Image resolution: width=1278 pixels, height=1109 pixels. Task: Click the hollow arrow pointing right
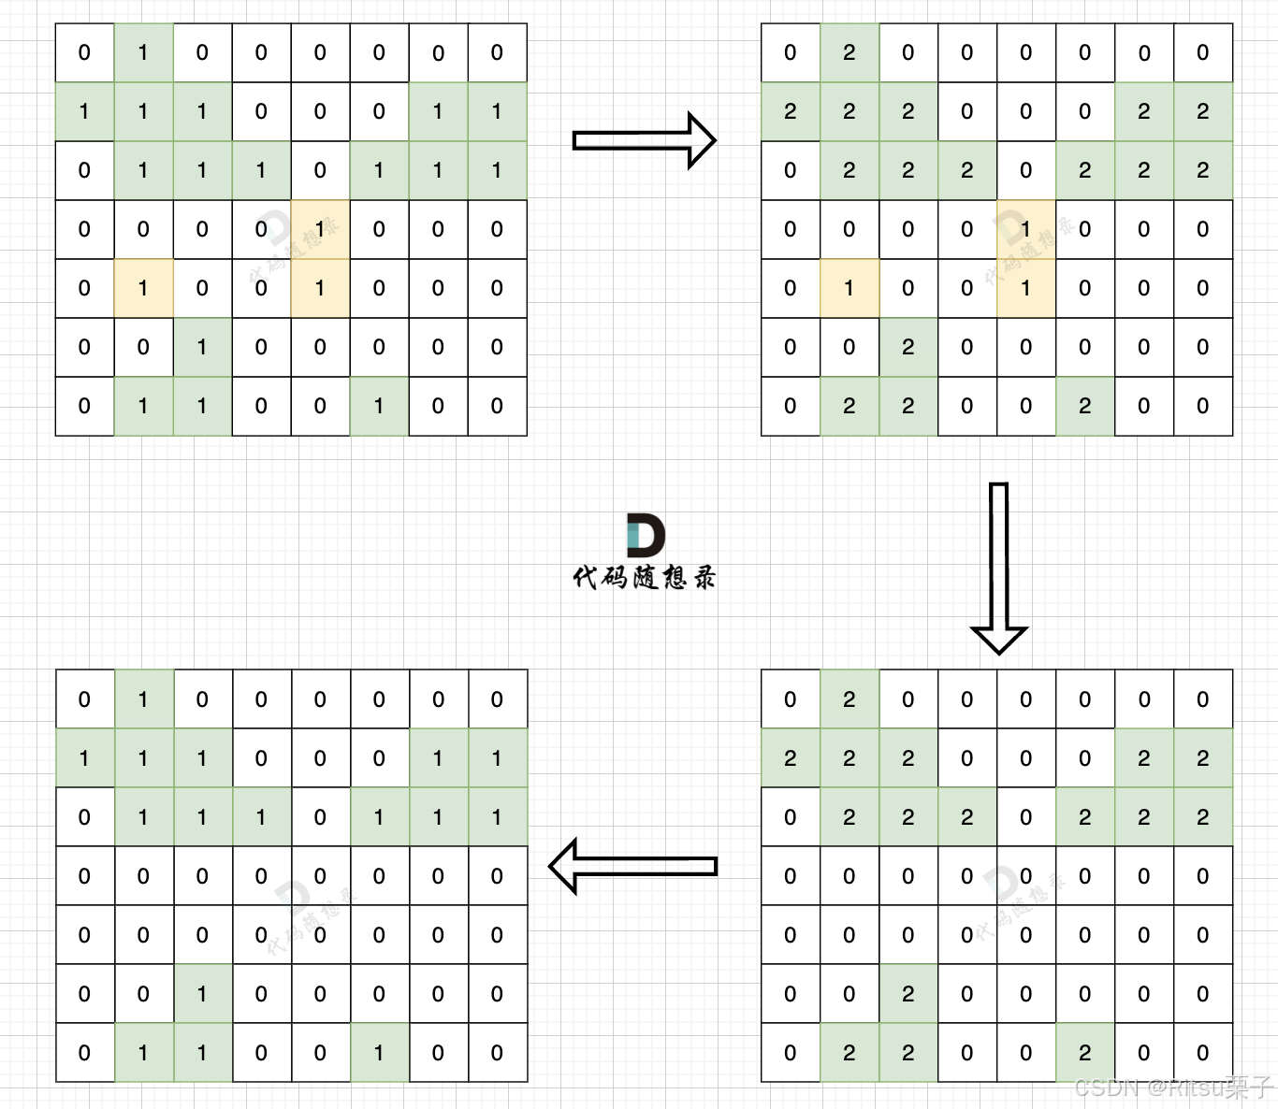644,140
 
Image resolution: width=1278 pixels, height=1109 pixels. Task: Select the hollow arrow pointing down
999,567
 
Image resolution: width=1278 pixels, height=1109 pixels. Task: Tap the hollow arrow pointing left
632,866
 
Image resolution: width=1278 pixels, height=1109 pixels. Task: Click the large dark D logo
646,535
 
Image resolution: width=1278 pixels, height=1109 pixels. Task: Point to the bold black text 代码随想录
644,577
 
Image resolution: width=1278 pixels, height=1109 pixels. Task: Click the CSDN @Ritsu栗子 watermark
1173,1087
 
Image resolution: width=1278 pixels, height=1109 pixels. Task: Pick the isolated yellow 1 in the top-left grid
143,288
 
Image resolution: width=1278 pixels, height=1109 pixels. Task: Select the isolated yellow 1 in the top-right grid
849,288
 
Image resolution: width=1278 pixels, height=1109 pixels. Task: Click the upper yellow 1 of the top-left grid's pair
320,229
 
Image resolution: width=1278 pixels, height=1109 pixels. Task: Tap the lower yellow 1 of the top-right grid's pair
1025,288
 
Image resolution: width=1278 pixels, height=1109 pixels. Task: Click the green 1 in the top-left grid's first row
143,52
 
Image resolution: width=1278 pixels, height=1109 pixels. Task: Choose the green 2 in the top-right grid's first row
849,52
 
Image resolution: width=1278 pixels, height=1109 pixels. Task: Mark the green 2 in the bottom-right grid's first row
849,699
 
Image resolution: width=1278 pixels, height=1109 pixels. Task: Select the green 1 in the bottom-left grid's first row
143,699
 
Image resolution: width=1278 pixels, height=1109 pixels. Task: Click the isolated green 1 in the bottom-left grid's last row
379,1053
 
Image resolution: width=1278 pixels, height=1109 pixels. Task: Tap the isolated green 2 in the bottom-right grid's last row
1084,1053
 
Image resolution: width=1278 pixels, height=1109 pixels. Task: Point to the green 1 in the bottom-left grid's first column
84,758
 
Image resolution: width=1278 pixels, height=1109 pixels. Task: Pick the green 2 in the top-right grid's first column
791,111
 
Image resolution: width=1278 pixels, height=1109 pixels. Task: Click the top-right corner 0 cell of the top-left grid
497,52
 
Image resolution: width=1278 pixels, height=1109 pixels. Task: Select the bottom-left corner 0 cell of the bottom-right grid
791,1053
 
